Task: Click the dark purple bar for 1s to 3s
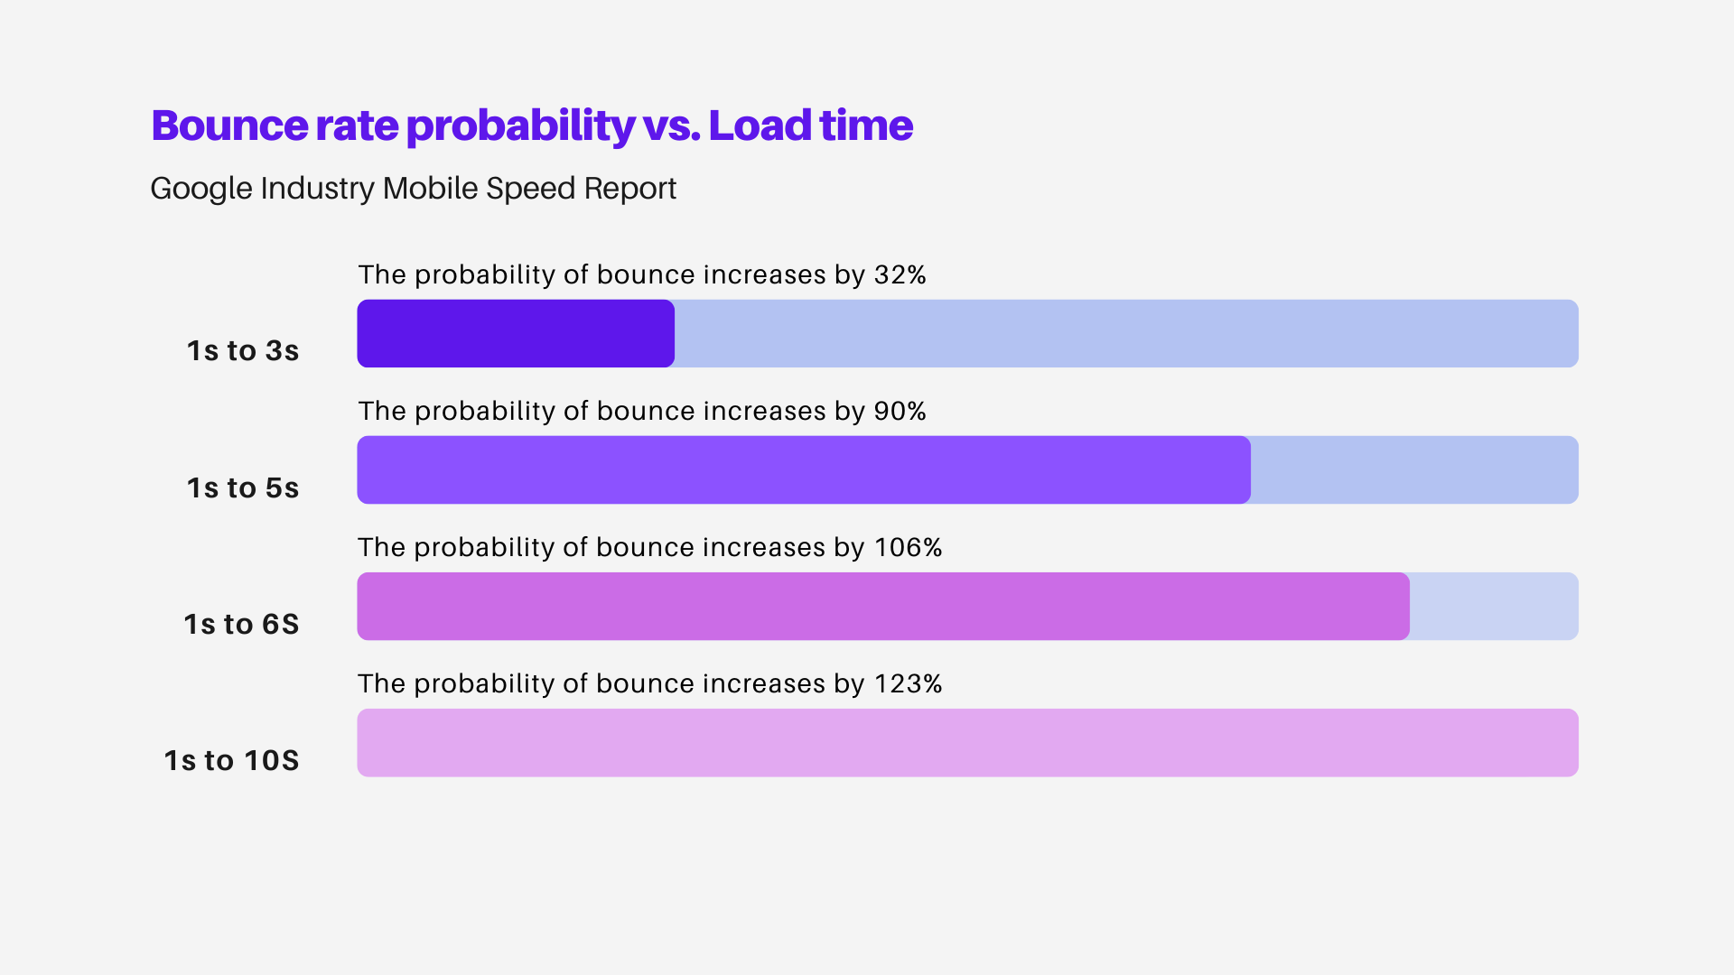516,333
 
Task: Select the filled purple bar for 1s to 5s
804,469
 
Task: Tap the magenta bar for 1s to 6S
883,606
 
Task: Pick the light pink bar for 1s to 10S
967,742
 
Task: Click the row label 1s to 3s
242,350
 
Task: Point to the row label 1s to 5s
242,487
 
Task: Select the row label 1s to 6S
241,624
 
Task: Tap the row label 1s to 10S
231,760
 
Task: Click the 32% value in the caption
900,274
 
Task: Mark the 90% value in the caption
900,411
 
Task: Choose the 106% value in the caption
908,547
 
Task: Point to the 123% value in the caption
908,683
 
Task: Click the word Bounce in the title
229,125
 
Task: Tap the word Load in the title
760,125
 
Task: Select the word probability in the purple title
520,127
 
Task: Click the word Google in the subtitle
200,189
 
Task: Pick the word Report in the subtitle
629,189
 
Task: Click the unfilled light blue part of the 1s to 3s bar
1125,333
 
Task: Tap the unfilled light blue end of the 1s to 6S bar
1493,606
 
